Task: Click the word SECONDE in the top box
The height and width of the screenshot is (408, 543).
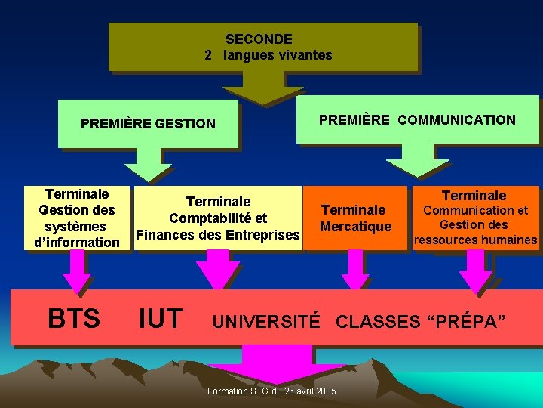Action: pyautogui.click(x=259, y=39)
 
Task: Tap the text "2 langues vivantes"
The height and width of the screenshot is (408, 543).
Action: pyautogui.click(x=268, y=55)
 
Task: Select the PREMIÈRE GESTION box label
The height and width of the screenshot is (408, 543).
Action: pyautogui.click(x=148, y=123)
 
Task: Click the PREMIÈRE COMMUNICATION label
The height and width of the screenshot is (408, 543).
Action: pyautogui.click(x=417, y=119)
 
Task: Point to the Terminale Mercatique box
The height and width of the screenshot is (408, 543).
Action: pyautogui.click(x=356, y=218)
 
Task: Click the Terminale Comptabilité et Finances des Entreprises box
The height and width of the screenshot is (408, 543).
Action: pyautogui.click(x=218, y=218)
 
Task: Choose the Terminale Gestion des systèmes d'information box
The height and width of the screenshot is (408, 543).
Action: pyautogui.click(x=76, y=218)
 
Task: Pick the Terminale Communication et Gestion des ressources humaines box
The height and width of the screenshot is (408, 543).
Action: pyautogui.click(x=474, y=218)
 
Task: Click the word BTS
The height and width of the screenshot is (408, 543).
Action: pyautogui.click(x=74, y=318)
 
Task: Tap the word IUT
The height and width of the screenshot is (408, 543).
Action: pyautogui.click(x=161, y=318)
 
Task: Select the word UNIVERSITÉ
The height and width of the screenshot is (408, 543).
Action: pyautogui.click(x=266, y=321)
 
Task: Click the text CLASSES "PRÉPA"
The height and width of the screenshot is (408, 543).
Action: pyautogui.click(x=416, y=321)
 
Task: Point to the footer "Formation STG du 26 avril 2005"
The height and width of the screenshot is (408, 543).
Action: pyautogui.click(x=272, y=391)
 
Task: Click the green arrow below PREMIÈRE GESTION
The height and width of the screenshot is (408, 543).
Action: pyautogui.click(x=148, y=164)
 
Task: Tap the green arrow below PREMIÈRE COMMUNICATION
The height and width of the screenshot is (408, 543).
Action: pyautogui.click(x=417, y=160)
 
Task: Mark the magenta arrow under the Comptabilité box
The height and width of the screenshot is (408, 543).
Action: pyautogui.click(x=217, y=268)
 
